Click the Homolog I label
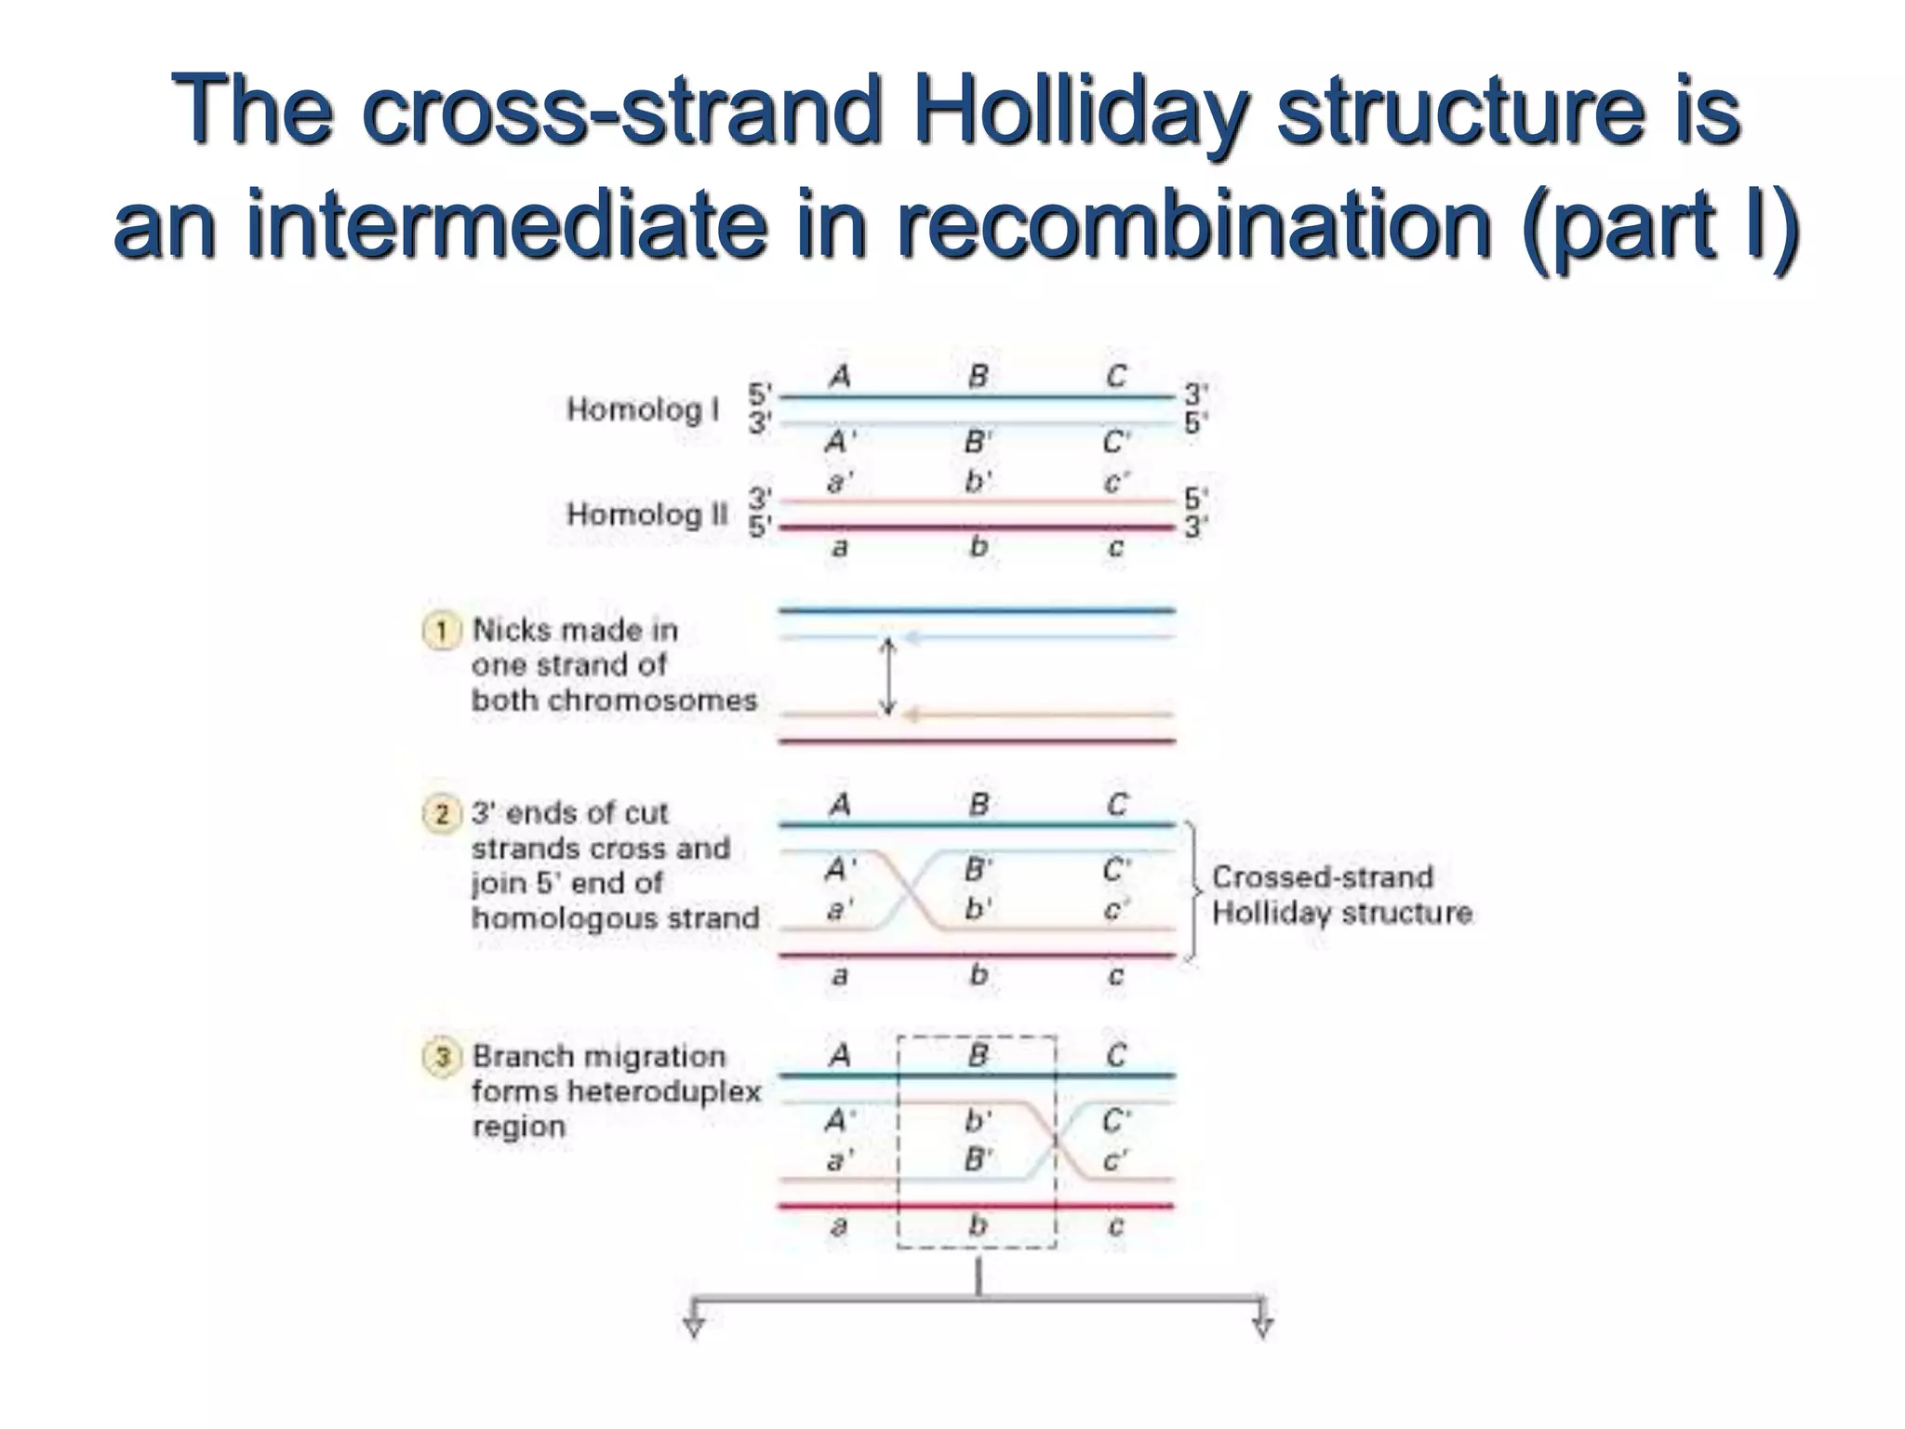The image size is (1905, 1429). tap(643, 409)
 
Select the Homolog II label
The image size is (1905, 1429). tap(647, 514)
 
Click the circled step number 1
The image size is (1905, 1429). tap(442, 632)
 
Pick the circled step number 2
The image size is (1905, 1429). tap(442, 814)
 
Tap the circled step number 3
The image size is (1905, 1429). tap(442, 1058)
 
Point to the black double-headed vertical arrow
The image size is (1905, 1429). tap(888, 676)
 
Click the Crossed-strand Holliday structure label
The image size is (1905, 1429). tap(1340, 895)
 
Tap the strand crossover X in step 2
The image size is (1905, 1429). tap(909, 890)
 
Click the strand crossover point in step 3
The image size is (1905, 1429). tap(1056, 1140)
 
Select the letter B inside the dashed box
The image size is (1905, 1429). tap(978, 1055)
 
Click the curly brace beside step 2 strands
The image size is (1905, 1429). tap(1193, 890)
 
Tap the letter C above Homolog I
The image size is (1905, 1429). tap(1116, 377)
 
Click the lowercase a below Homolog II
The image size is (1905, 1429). tap(839, 548)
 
